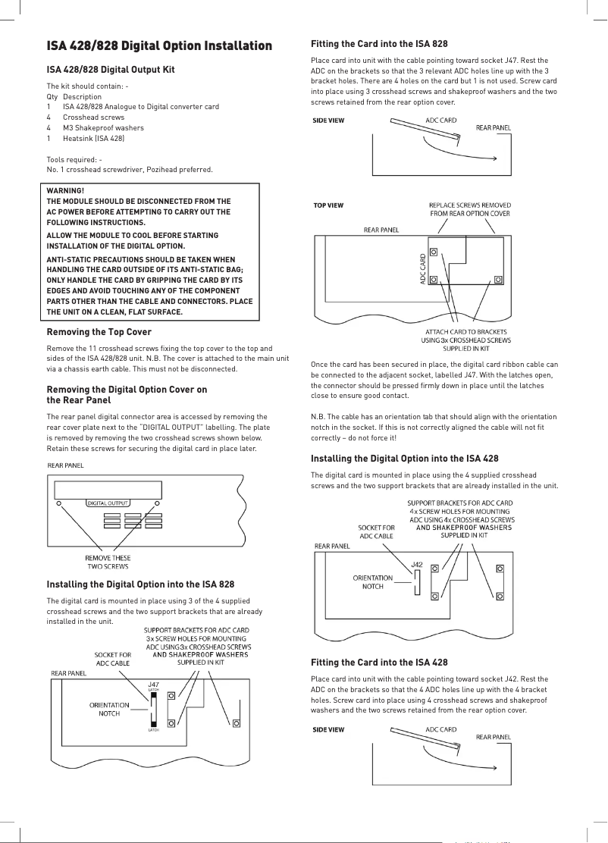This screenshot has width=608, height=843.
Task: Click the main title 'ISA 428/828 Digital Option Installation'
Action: pos(159,46)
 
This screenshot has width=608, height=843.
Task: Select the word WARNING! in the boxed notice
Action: pos(66,190)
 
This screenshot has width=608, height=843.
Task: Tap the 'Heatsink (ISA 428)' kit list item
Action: pos(94,138)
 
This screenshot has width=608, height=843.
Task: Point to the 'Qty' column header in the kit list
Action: pos(52,97)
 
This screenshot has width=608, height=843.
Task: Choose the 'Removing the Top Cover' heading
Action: pos(99,332)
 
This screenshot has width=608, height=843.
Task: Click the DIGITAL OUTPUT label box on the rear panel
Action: pos(108,503)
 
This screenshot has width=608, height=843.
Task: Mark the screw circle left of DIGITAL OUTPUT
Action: pos(58,503)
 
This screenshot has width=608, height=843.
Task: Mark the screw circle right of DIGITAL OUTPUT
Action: pos(157,503)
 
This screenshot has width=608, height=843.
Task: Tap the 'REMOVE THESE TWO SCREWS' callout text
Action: pos(108,562)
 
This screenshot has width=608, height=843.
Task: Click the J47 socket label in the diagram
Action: pos(153,684)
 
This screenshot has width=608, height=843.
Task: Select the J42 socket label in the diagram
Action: pos(417,565)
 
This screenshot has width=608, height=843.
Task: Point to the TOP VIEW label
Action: pos(328,205)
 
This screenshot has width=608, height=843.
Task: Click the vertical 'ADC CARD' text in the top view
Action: pos(423,269)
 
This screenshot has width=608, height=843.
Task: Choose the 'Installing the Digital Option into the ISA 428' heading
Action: pos(405,459)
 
